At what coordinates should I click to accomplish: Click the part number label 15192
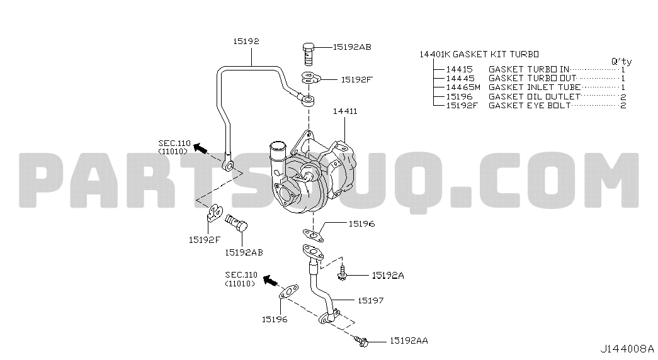coord(246,41)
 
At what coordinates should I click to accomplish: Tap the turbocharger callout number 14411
coord(345,111)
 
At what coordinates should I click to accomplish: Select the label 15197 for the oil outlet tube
coord(370,300)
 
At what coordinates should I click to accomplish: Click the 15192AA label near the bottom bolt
coord(409,340)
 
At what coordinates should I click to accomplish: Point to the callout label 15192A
coord(388,275)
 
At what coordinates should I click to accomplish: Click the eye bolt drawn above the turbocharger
coord(309,53)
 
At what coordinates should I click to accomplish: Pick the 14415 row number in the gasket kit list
coord(459,69)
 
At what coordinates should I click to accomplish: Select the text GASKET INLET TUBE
coord(535,87)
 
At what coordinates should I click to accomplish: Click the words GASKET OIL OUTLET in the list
coord(534,96)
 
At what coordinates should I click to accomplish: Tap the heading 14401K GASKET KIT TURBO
coord(479,54)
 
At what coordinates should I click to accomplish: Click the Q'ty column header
coord(621,61)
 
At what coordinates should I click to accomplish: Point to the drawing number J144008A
coord(627,349)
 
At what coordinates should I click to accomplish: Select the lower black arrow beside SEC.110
coord(271,280)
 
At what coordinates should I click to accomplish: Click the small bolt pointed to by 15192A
coord(342,273)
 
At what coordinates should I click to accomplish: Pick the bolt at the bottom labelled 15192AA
coord(361,342)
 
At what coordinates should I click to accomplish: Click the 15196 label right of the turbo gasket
coord(361,223)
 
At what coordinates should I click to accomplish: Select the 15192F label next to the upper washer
coord(356,79)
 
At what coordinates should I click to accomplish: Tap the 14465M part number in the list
coord(463,87)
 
